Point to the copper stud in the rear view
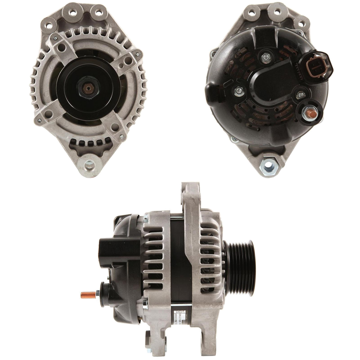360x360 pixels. point(311,113)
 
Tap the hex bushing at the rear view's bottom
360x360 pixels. point(268,164)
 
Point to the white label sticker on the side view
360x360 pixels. point(178,314)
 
